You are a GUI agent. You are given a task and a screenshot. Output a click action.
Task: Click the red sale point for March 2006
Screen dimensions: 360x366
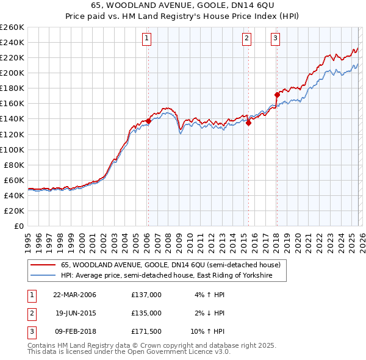tap(148, 121)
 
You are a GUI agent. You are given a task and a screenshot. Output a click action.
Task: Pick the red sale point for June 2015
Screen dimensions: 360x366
tap(249, 123)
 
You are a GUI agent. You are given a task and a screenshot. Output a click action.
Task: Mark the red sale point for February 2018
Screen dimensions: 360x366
tap(277, 95)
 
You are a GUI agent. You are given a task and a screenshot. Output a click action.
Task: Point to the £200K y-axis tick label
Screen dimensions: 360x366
tap(12, 73)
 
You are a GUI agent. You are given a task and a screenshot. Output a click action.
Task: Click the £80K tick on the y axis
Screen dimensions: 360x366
tap(15, 165)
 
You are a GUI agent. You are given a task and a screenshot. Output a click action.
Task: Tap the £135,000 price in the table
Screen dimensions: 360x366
tap(146, 313)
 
